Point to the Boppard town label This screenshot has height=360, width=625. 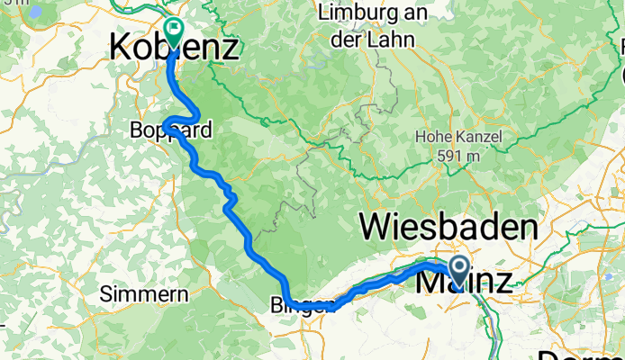click(x=168, y=131)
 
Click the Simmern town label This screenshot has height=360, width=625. click(x=144, y=294)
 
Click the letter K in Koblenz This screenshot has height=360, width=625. click(x=119, y=47)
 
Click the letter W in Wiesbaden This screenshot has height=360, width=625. click(x=375, y=227)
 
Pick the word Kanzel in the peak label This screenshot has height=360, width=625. click(x=478, y=137)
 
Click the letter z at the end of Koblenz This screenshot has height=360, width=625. click(x=230, y=47)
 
